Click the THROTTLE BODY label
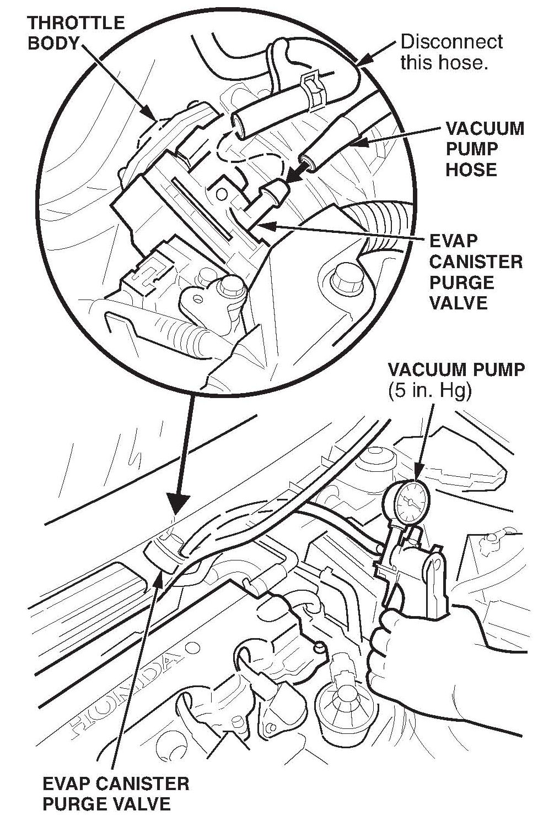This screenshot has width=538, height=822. tap(76, 33)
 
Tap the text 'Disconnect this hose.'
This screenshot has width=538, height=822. tap(451, 52)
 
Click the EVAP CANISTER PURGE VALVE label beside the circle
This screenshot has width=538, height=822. tap(475, 272)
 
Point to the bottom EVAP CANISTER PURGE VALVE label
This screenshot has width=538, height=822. tap(115, 793)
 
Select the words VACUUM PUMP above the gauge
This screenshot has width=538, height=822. tap(456, 369)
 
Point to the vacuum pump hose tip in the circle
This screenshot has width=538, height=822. tap(306, 163)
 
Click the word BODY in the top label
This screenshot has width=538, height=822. tap(53, 43)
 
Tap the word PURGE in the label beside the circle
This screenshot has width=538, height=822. tap(461, 282)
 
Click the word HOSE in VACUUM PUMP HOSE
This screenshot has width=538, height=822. tap(471, 169)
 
